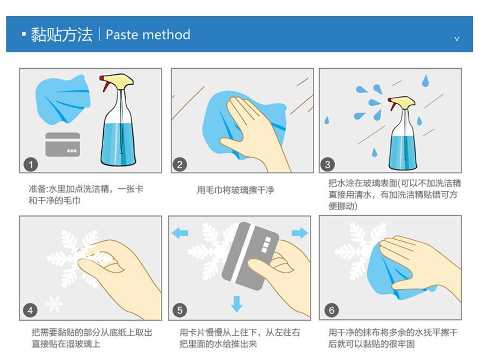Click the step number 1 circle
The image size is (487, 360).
tap(31, 165)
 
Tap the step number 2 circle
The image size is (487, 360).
tap(180, 165)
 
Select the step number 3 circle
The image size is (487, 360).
tap(327, 165)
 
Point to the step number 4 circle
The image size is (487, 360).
tap(30, 310)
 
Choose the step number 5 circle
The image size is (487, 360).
tap(180, 310)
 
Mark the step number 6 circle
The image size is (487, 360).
tap(331, 310)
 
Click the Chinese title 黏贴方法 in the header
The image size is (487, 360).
tap(61, 35)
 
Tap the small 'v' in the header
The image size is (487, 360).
tap(457, 39)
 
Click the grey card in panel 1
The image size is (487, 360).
tap(63, 144)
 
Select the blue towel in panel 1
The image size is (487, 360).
tap(62, 99)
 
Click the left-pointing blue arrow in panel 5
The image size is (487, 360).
tap(180, 233)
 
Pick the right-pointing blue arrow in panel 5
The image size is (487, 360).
tap(300, 233)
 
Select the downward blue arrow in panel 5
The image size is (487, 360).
tap(237, 304)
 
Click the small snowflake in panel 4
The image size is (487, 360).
tap(54, 303)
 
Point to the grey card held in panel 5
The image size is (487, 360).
tap(250, 256)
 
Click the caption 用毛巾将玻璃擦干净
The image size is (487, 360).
tap(235, 190)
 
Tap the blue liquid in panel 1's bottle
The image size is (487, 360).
tap(118, 143)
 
